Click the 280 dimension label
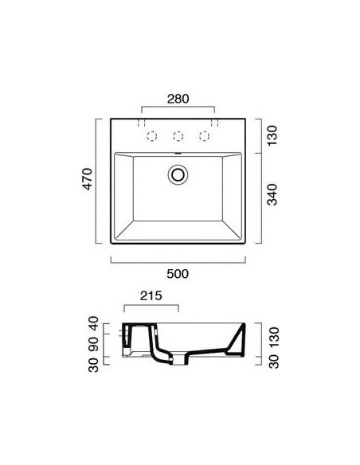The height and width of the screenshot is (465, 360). (178, 99)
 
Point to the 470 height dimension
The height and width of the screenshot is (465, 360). (88, 179)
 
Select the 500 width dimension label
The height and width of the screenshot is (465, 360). (178, 274)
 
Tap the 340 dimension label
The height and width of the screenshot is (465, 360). (272, 194)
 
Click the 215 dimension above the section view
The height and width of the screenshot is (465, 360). (151, 295)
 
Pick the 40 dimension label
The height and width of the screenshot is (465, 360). (94, 323)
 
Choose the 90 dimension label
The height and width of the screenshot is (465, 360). (94, 344)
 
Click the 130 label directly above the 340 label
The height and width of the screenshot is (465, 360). (272, 135)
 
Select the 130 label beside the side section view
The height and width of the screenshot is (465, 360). (274, 337)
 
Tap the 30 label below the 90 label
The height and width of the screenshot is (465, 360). (94, 365)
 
